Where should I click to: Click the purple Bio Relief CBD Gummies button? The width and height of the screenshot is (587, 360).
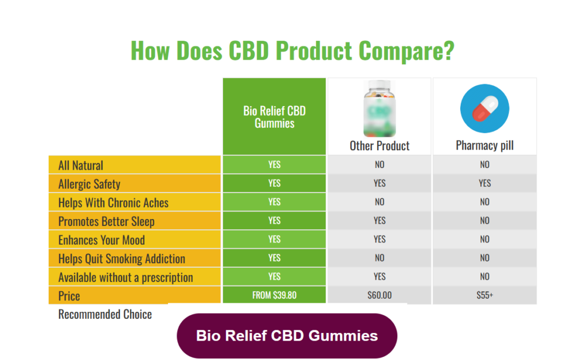287,335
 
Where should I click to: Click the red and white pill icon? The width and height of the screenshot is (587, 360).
484,109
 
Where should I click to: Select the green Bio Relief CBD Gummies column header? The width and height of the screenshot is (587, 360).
274,116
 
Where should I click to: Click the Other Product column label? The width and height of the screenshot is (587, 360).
379,146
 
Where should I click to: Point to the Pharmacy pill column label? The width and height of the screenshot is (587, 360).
484,146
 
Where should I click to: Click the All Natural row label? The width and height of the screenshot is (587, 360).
81,166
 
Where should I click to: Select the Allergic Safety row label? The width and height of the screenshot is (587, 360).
89,184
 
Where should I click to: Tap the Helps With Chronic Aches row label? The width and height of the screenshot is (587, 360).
114,203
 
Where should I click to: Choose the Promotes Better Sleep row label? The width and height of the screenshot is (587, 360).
106,221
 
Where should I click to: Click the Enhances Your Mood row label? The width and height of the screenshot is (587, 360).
101,240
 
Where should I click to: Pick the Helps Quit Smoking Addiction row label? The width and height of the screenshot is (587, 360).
122,259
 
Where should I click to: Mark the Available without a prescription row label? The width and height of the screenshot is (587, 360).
126,277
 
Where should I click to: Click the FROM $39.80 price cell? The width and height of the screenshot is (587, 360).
274,296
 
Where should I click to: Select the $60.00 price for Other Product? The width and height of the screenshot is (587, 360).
379,296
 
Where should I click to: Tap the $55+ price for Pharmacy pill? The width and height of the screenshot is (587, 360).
484,296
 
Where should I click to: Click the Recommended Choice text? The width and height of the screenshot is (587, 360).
105,314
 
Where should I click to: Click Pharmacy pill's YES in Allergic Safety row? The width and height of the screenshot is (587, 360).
484,183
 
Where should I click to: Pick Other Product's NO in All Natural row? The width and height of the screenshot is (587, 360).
379,165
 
